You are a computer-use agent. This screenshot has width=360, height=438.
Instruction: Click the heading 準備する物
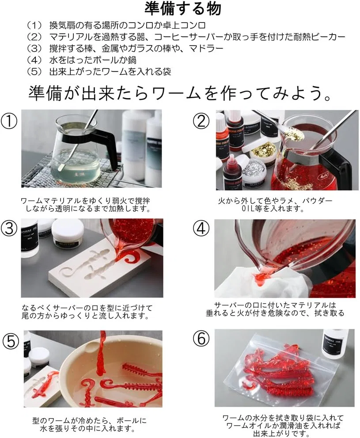(x=183, y=9)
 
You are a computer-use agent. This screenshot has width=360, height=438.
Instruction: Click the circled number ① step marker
(x=9, y=121)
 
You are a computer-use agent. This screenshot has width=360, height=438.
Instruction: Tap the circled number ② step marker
(x=201, y=121)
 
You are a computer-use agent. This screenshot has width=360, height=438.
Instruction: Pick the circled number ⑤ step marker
(x=11, y=341)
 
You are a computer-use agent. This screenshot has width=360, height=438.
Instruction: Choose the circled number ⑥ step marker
(x=201, y=338)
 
